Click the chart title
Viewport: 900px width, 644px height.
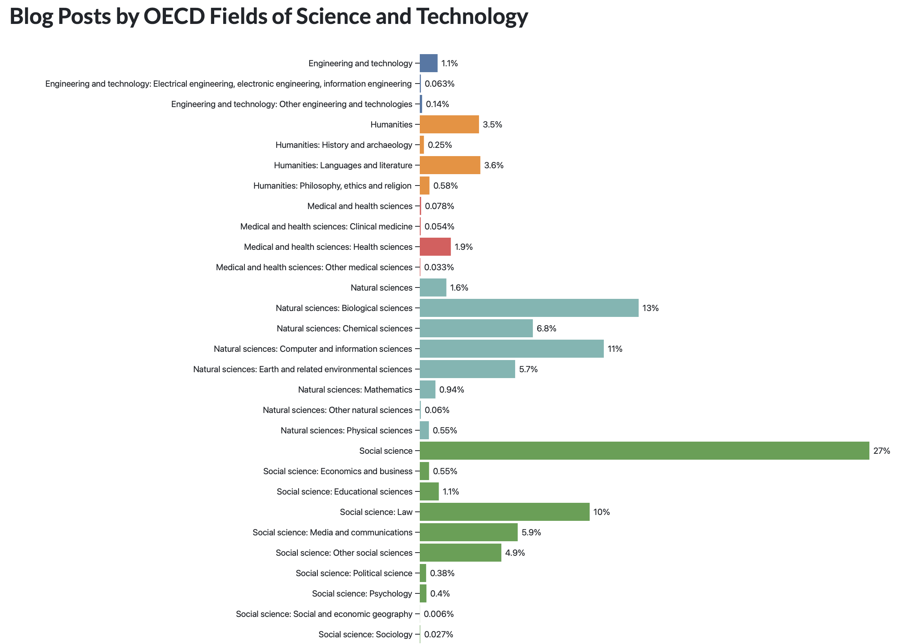[x=268, y=16]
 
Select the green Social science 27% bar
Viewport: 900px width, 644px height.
[x=644, y=451]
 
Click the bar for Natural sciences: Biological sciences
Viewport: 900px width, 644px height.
[x=529, y=308]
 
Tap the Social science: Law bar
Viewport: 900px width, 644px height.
[x=504, y=511]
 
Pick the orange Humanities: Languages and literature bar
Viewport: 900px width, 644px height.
[x=449, y=165]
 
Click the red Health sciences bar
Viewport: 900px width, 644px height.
[x=435, y=247]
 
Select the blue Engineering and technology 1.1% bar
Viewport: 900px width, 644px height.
[x=428, y=63]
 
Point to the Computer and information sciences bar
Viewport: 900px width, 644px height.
[x=511, y=349]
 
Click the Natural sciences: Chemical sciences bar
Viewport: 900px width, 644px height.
[x=476, y=328]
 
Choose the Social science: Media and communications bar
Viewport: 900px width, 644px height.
[x=468, y=532]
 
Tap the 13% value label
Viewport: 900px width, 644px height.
[x=650, y=308]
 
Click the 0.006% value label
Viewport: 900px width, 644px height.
[x=438, y=614]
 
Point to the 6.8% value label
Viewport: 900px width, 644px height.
[x=546, y=328]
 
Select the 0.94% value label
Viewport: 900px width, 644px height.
[x=452, y=389]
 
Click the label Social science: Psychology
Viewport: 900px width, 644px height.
[x=362, y=594]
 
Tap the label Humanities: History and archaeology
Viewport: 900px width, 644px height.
[x=344, y=145]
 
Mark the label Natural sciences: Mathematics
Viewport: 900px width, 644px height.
[x=355, y=389]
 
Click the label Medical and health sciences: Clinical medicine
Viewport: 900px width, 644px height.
[x=326, y=226]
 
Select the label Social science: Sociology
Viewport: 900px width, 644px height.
[x=365, y=634]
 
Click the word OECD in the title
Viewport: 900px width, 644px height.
[x=173, y=16]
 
